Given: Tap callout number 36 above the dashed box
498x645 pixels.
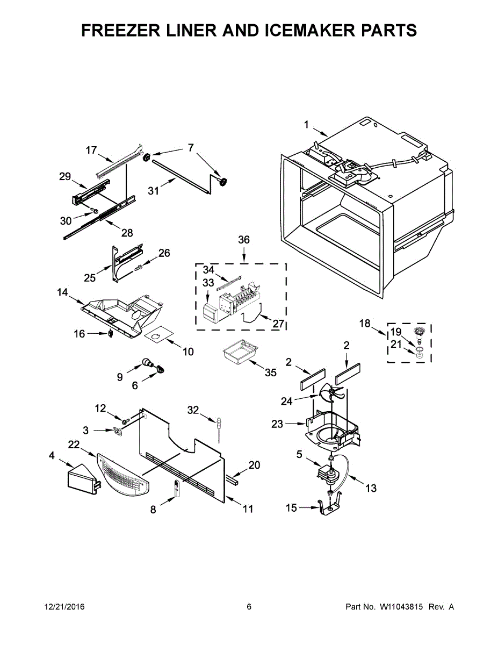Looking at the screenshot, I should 244,240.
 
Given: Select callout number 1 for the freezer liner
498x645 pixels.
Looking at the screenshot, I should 306,125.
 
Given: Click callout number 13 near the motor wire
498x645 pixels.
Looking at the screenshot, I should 371,488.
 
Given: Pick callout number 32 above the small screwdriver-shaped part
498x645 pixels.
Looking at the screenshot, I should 193,410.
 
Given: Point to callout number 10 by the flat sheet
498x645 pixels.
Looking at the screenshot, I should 188,352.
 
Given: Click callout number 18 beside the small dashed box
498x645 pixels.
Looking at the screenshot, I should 365,323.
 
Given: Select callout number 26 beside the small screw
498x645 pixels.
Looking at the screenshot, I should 164,253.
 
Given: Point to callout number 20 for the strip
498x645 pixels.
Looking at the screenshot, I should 254,464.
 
